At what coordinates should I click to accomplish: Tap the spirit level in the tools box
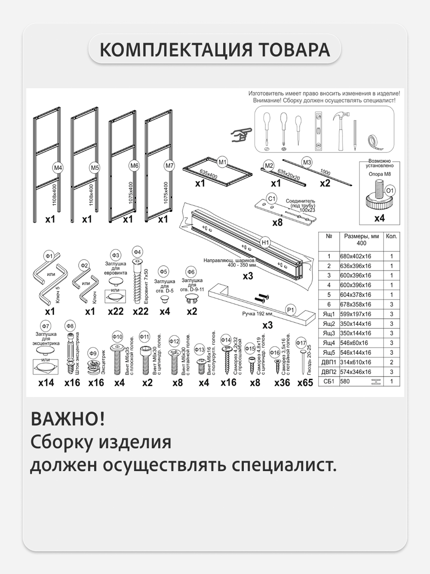[x=318, y=130]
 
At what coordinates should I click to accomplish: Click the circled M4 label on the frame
[x=58, y=168]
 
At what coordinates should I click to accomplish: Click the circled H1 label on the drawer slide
[x=265, y=242]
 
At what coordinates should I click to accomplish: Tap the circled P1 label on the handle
[x=291, y=310]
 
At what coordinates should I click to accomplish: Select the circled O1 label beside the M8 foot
[x=390, y=190]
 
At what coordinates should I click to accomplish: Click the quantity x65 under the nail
[x=305, y=382]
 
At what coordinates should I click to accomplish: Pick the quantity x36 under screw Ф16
[x=282, y=382]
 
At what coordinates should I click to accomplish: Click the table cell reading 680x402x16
[x=355, y=256]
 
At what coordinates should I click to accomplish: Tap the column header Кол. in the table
[x=391, y=236]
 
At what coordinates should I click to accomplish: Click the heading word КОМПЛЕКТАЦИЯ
[x=176, y=50]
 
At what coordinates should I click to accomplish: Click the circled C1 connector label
[x=271, y=199]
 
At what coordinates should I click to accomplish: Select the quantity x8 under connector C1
[x=277, y=223]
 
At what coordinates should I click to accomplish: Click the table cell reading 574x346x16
[x=355, y=372]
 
